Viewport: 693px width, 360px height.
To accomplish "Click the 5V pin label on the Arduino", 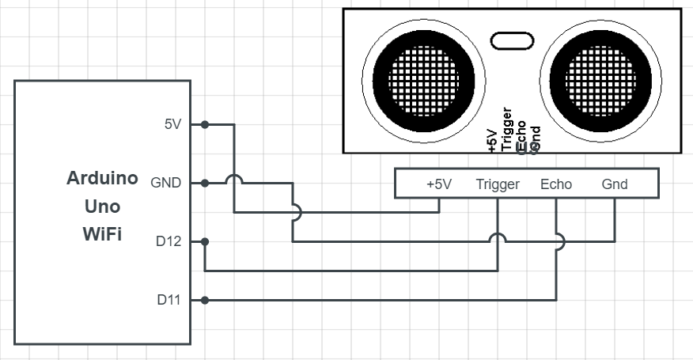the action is pyautogui.click(x=172, y=124).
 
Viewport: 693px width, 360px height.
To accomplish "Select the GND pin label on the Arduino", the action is pyautogui.click(x=166, y=183).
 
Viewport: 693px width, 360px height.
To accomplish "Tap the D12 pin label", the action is pyautogui.click(x=169, y=241).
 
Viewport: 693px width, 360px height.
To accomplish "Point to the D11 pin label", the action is pyautogui.click(x=169, y=300).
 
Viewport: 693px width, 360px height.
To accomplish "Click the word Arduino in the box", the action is pyautogui.click(x=102, y=178).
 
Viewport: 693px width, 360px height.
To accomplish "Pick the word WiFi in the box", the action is pyautogui.click(x=102, y=234).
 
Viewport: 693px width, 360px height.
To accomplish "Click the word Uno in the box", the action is pyautogui.click(x=102, y=206).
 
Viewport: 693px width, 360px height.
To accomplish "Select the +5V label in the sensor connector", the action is pyautogui.click(x=439, y=184).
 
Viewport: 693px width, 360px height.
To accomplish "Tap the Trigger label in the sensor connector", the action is pyautogui.click(x=498, y=184).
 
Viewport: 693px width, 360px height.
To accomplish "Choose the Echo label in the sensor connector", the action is pyautogui.click(x=556, y=184).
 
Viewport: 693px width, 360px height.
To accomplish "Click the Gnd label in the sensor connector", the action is pyautogui.click(x=615, y=184).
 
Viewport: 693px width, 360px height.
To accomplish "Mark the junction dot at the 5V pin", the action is pyautogui.click(x=205, y=125).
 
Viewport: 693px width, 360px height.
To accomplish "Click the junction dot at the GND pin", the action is pyautogui.click(x=205, y=183).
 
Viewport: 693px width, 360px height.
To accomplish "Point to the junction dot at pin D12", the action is pyautogui.click(x=205, y=241).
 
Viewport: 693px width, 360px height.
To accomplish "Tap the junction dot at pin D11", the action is pyautogui.click(x=205, y=301).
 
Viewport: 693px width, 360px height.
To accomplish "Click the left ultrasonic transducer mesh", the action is pyautogui.click(x=423, y=81).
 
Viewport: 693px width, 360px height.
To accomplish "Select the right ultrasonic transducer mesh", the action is pyautogui.click(x=600, y=81).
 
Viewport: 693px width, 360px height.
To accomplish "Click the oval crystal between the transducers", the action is pyautogui.click(x=513, y=40).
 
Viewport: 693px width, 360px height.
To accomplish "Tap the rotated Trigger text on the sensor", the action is pyautogui.click(x=507, y=129).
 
